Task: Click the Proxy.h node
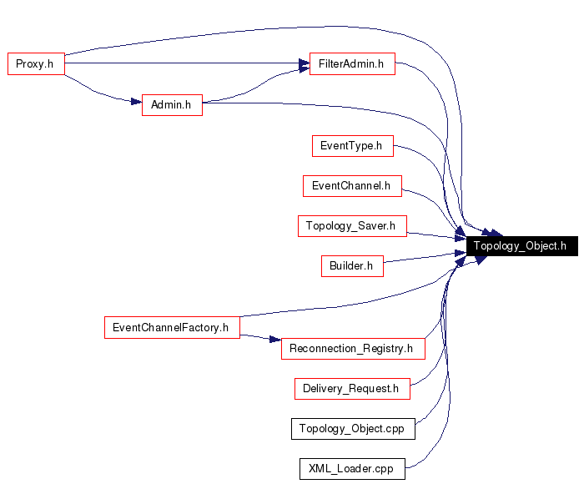click(36, 64)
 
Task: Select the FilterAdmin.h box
click(351, 64)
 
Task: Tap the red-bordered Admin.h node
click(172, 105)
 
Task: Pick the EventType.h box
click(351, 145)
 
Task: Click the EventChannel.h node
click(351, 185)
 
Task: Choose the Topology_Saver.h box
click(351, 225)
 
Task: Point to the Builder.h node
click(351, 266)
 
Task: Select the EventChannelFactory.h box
click(171, 327)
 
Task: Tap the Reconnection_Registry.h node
click(352, 348)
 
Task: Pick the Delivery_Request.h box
click(351, 388)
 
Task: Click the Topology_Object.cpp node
click(352, 429)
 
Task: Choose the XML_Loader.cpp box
click(351, 469)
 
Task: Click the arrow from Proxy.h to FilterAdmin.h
click(184, 63)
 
